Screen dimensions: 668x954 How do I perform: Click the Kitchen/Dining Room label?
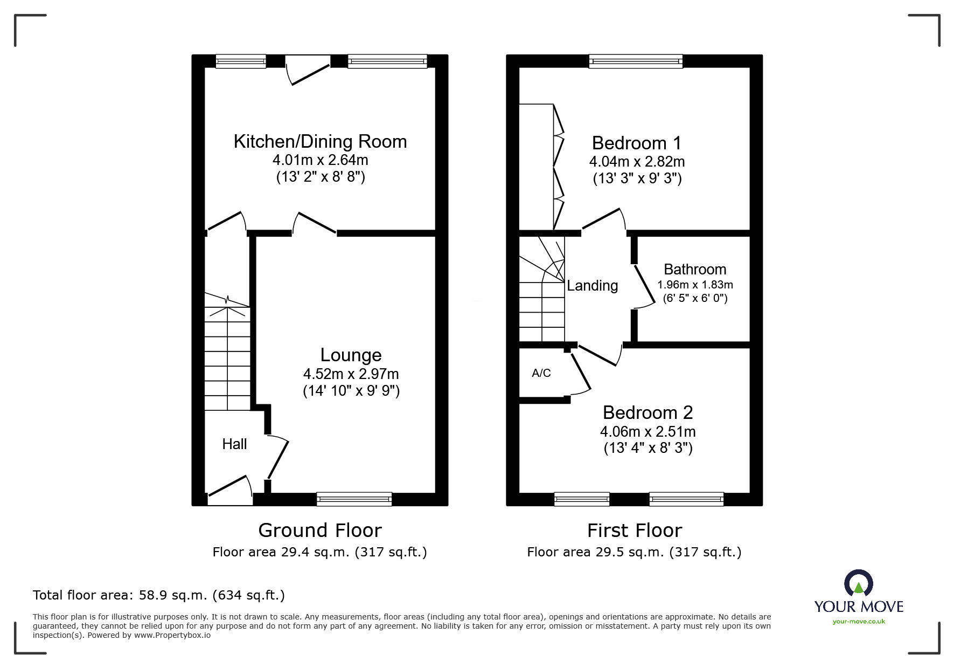pyautogui.click(x=320, y=142)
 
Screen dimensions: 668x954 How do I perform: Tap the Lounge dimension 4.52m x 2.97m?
pyautogui.click(x=351, y=374)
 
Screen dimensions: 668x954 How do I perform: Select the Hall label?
pyautogui.click(x=234, y=444)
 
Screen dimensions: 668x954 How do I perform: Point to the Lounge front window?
pyautogui.click(x=354, y=499)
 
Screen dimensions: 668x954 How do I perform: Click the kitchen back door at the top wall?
pyautogui.click(x=308, y=69)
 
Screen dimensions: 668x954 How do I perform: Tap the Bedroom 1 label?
pyautogui.click(x=636, y=143)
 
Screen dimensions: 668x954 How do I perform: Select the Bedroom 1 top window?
pyautogui.click(x=636, y=61)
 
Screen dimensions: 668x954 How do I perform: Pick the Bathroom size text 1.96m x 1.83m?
pyautogui.click(x=695, y=285)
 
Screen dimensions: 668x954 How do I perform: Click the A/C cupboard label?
pyautogui.click(x=541, y=373)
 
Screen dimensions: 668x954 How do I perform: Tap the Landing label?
pyautogui.click(x=592, y=286)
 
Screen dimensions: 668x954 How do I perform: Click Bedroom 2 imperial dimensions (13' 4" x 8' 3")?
pyautogui.click(x=647, y=448)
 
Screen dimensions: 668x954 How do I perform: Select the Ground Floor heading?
pyautogui.click(x=320, y=531)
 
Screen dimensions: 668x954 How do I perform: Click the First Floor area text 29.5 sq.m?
pyautogui.click(x=634, y=552)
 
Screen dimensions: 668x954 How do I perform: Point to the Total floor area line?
pyautogui.click(x=159, y=595)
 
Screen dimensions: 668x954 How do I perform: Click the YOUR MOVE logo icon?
pyautogui.click(x=858, y=584)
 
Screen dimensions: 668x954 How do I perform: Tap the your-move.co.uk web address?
pyautogui.click(x=859, y=622)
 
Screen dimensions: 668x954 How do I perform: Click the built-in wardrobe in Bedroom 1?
pyautogui.click(x=537, y=167)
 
